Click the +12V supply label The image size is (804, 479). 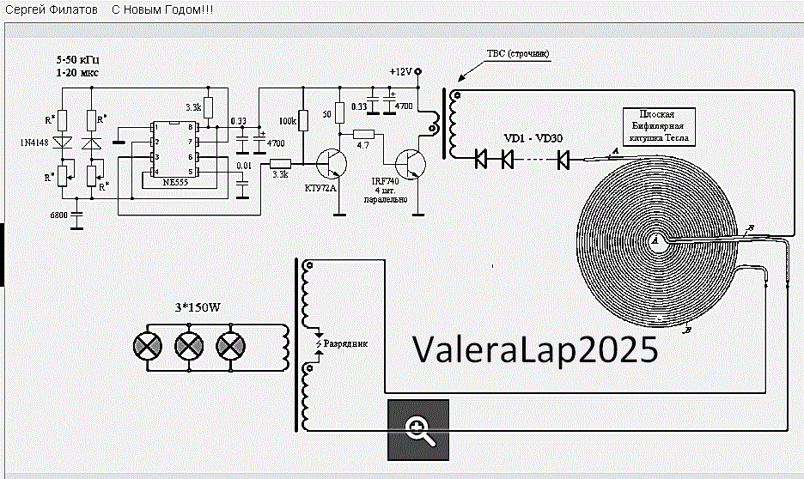click(x=401, y=72)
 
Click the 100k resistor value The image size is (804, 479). click(x=288, y=122)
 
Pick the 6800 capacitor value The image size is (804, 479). click(x=59, y=215)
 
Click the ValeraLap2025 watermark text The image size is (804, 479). click(x=535, y=349)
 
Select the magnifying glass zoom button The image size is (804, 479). click(x=418, y=429)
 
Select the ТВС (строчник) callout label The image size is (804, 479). click(x=517, y=53)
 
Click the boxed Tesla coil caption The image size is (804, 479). click(x=658, y=126)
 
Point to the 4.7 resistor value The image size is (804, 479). click(x=362, y=144)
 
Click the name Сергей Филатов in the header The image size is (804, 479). click(x=51, y=9)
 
